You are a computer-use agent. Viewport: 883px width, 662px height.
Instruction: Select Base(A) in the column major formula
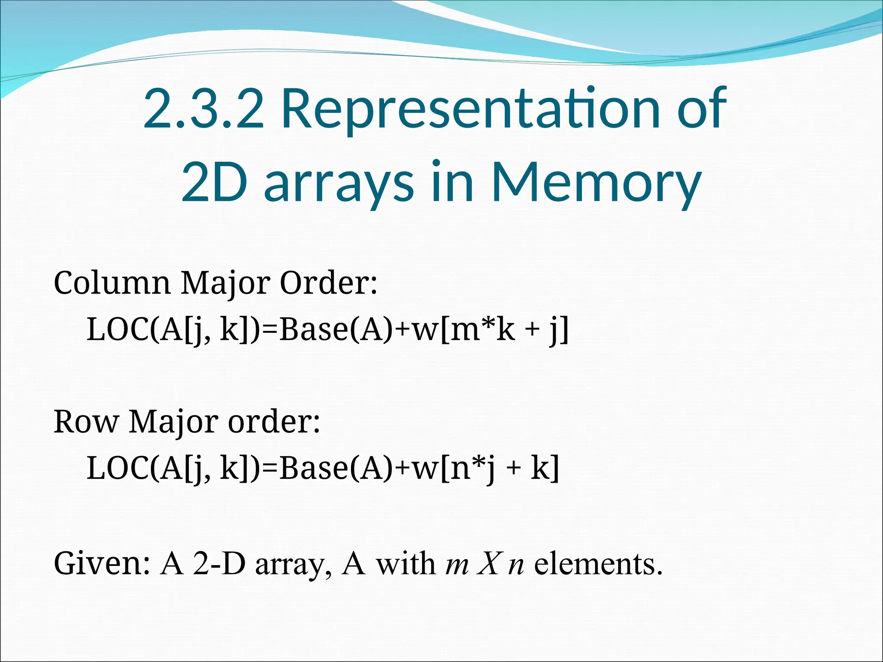point(337,330)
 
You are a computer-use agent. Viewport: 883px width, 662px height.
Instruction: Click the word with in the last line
point(406,564)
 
